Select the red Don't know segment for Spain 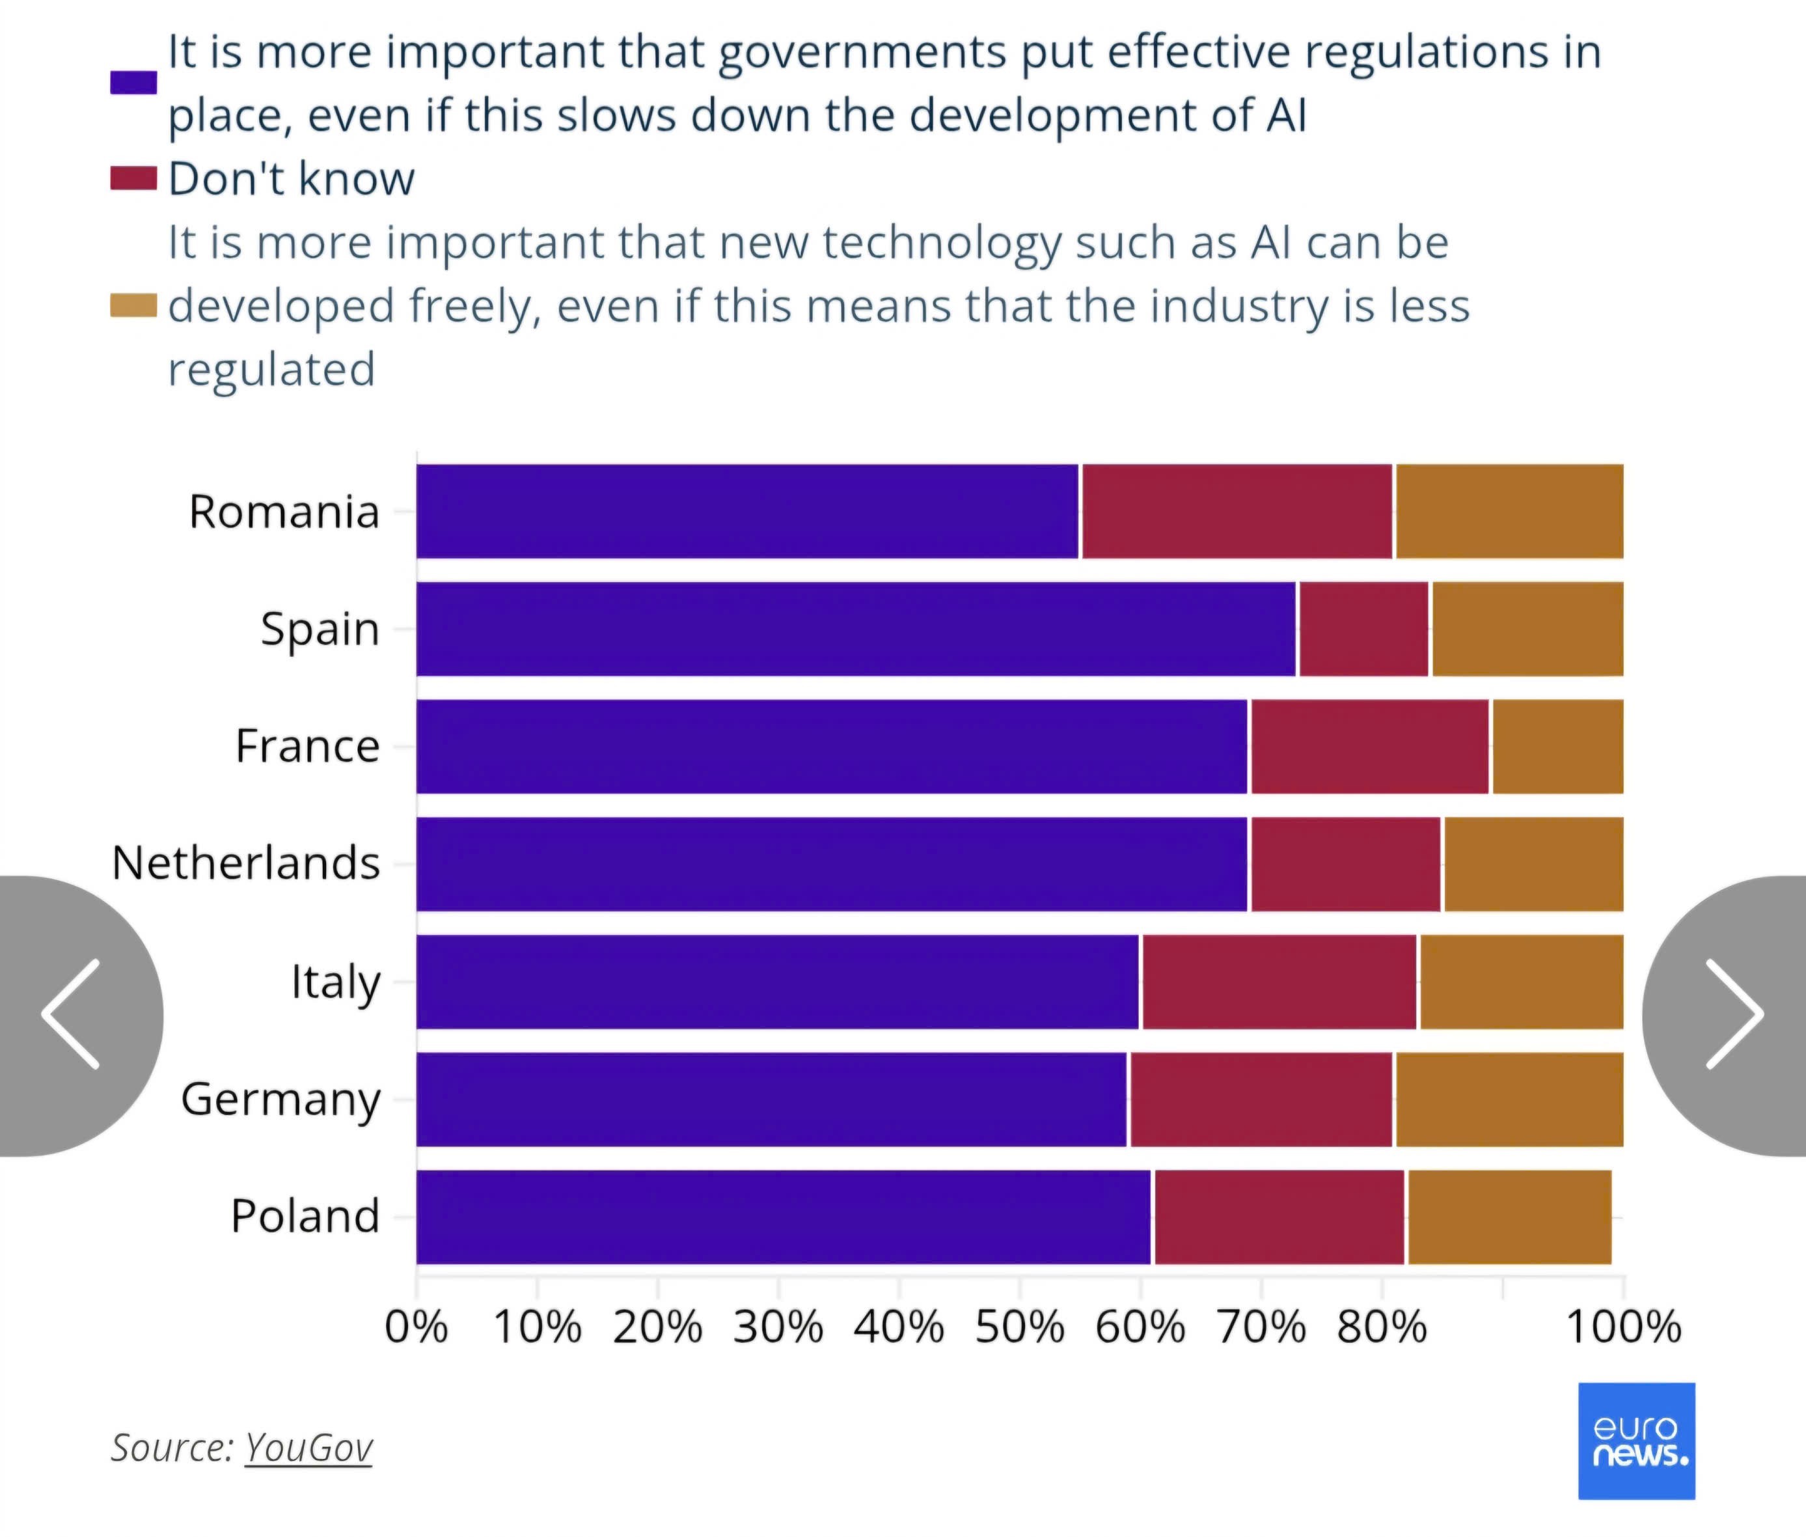[1363, 629]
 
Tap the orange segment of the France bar [1557, 747]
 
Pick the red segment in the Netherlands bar [1345, 865]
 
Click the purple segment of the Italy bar [777, 982]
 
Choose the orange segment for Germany [1509, 1100]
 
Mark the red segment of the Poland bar [1279, 1217]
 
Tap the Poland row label [305, 1216]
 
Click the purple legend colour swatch [133, 83]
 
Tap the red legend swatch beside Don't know [133, 178]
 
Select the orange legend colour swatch [133, 306]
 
